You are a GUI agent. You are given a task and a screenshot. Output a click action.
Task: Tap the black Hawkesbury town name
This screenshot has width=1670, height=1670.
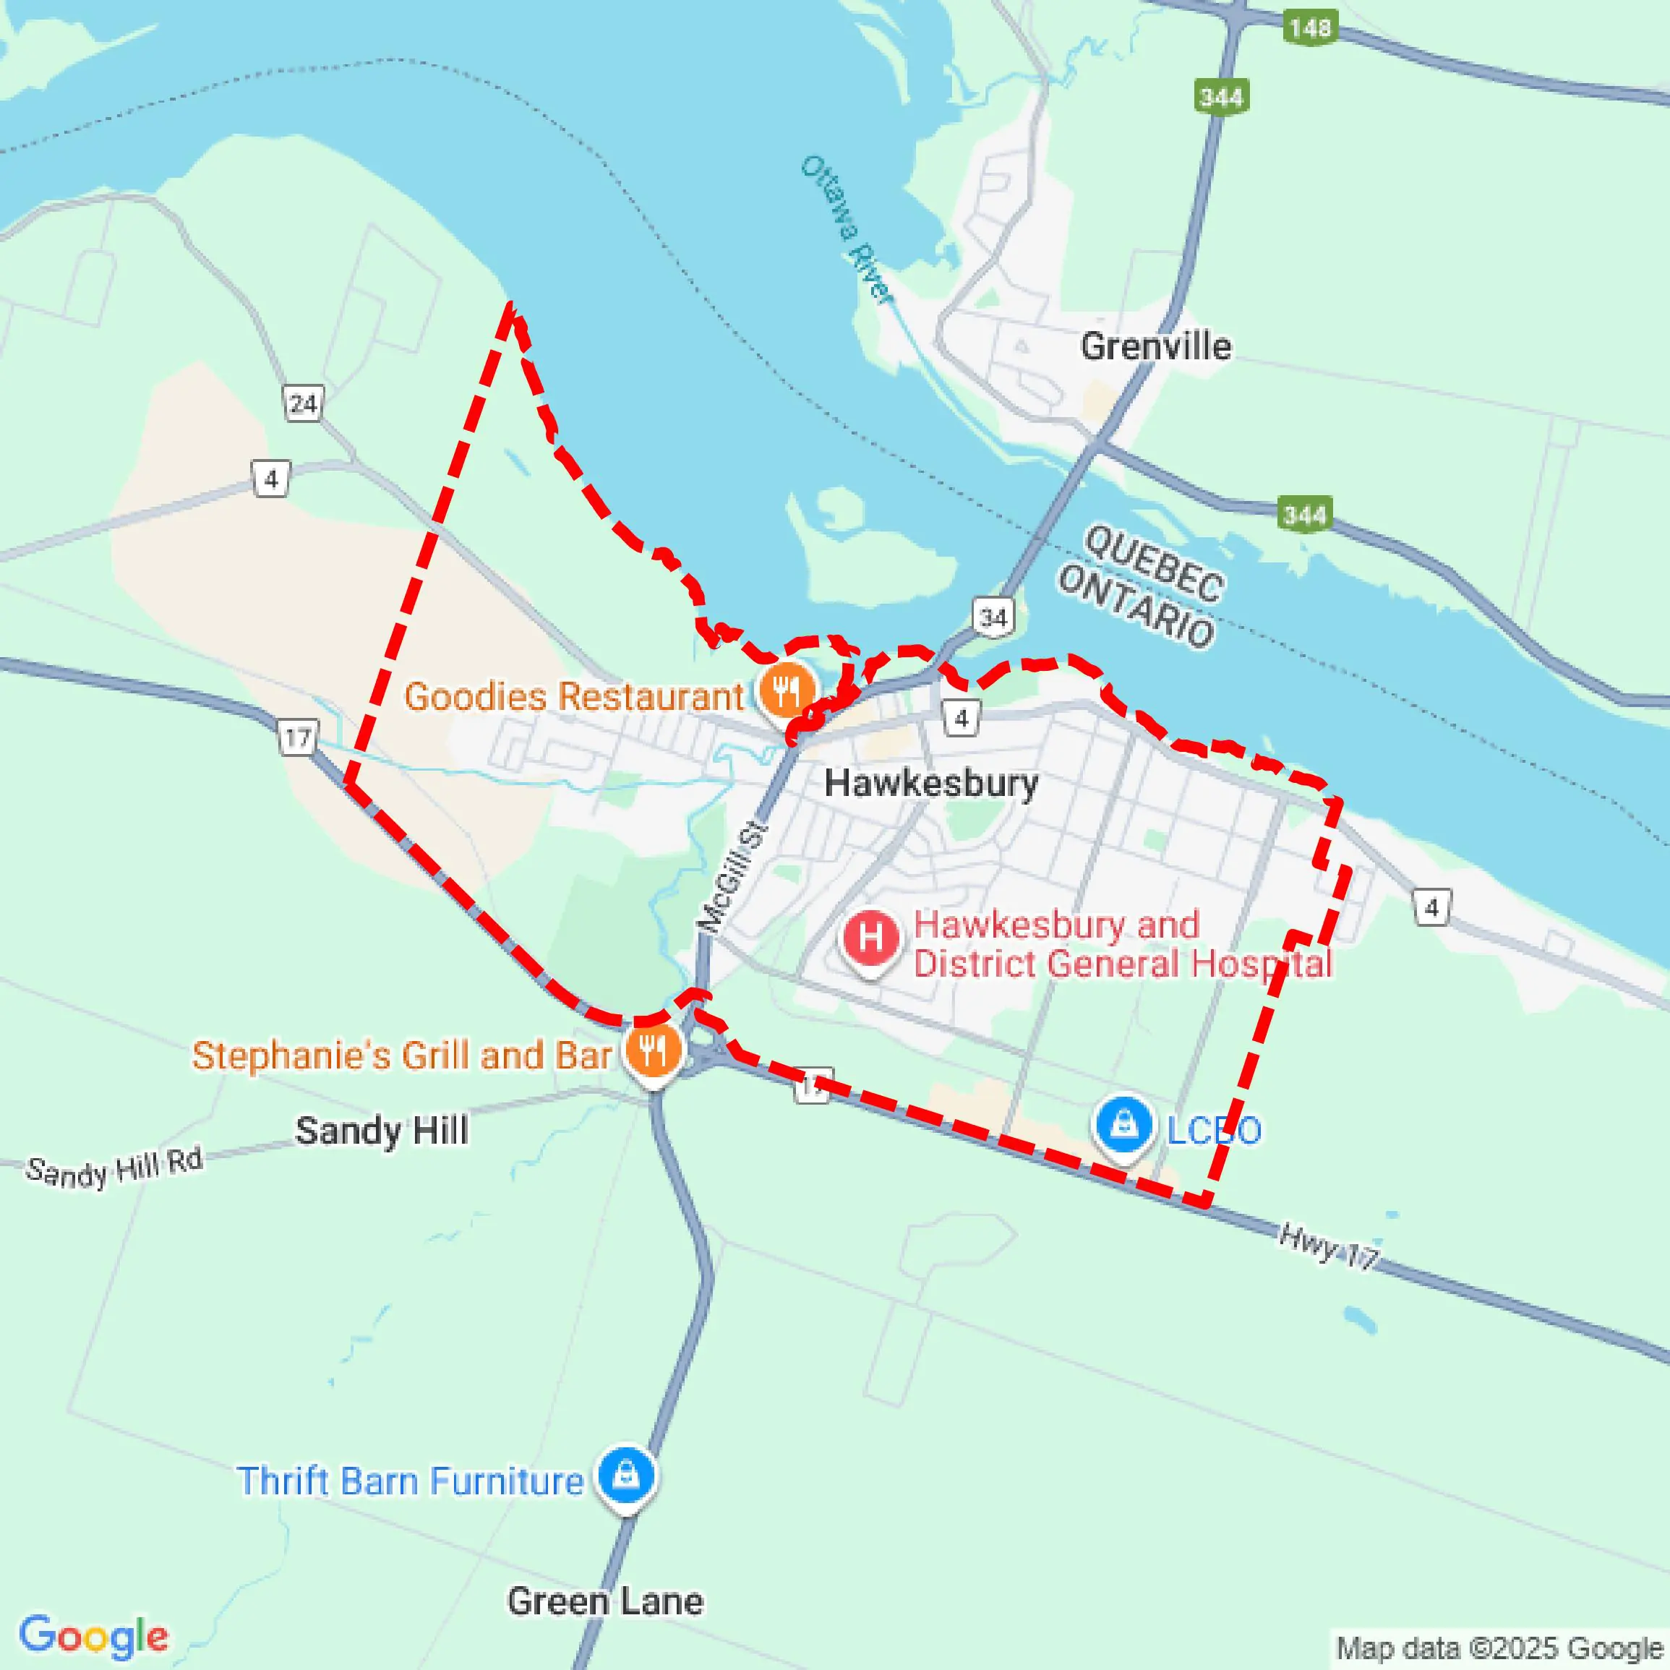[931, 783]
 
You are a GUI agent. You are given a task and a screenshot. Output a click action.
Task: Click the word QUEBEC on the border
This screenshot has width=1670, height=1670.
[1153, 562]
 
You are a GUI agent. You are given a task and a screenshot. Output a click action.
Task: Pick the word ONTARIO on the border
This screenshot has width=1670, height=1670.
[1136, 606]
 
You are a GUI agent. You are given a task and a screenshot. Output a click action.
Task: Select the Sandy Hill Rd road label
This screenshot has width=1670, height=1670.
[114, 1167]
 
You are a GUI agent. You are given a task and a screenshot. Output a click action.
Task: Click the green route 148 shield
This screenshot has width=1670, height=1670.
[1311, 27]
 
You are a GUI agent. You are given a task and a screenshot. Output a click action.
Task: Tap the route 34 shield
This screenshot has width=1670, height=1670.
[993, 617]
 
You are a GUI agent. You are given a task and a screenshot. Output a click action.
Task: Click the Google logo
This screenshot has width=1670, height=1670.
[93, 1635]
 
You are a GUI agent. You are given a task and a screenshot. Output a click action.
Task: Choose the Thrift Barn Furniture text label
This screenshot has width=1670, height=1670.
[411, 1481]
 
